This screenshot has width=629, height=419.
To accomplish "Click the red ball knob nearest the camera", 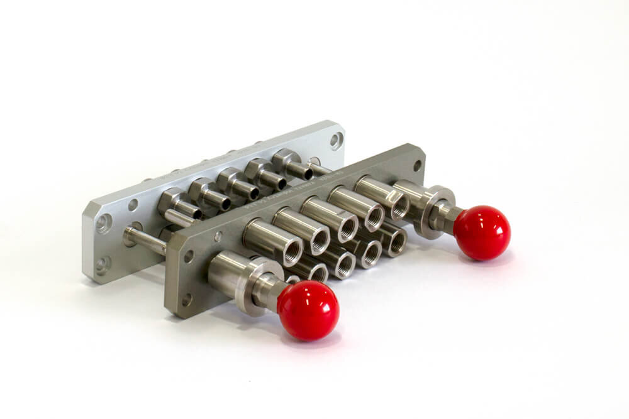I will pyautogui.click(x=308, y=310).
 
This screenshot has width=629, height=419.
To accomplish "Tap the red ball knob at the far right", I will pyautogui.click(x=482, y=232).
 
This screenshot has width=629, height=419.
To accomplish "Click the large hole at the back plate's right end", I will pyautogui.click(x=337, y=140).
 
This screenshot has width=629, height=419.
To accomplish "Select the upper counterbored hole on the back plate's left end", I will pyautogui.click(x=104, y=222).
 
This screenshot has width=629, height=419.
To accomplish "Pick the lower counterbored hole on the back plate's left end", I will pyautogui.click(x=103, y=264).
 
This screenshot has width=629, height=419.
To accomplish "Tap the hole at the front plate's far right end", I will pyautogui.click(x=417, y=165).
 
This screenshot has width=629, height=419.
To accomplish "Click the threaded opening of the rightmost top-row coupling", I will pyautogui.click(x=400, y=205).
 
